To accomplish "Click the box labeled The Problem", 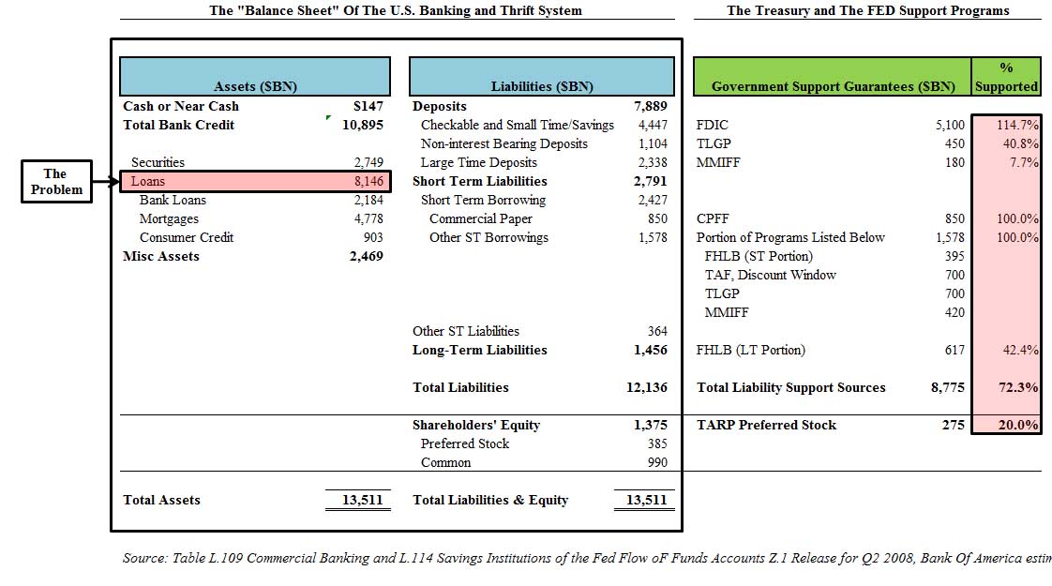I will (56, 181).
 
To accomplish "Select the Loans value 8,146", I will (367, 181).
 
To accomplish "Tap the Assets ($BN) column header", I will (255, 86).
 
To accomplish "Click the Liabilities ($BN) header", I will (542, 86).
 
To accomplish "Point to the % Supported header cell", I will (1005, 77).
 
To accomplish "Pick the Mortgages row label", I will (169, 218).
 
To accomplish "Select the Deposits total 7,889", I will (650, 106).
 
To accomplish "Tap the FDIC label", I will (713, 125).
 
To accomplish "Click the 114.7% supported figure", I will (1016, 125).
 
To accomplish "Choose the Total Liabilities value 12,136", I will (647, 387).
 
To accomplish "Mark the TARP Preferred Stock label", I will (766, 425).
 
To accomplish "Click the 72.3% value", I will (1020, 387).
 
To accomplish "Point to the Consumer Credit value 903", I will (372, 237).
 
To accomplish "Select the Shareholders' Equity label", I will (476, 425).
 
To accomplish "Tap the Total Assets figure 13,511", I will (362, 500).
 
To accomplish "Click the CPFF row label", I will (713, 218).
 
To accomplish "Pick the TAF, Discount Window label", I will (770, 275).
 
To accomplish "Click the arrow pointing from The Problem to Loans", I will (106, 181).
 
